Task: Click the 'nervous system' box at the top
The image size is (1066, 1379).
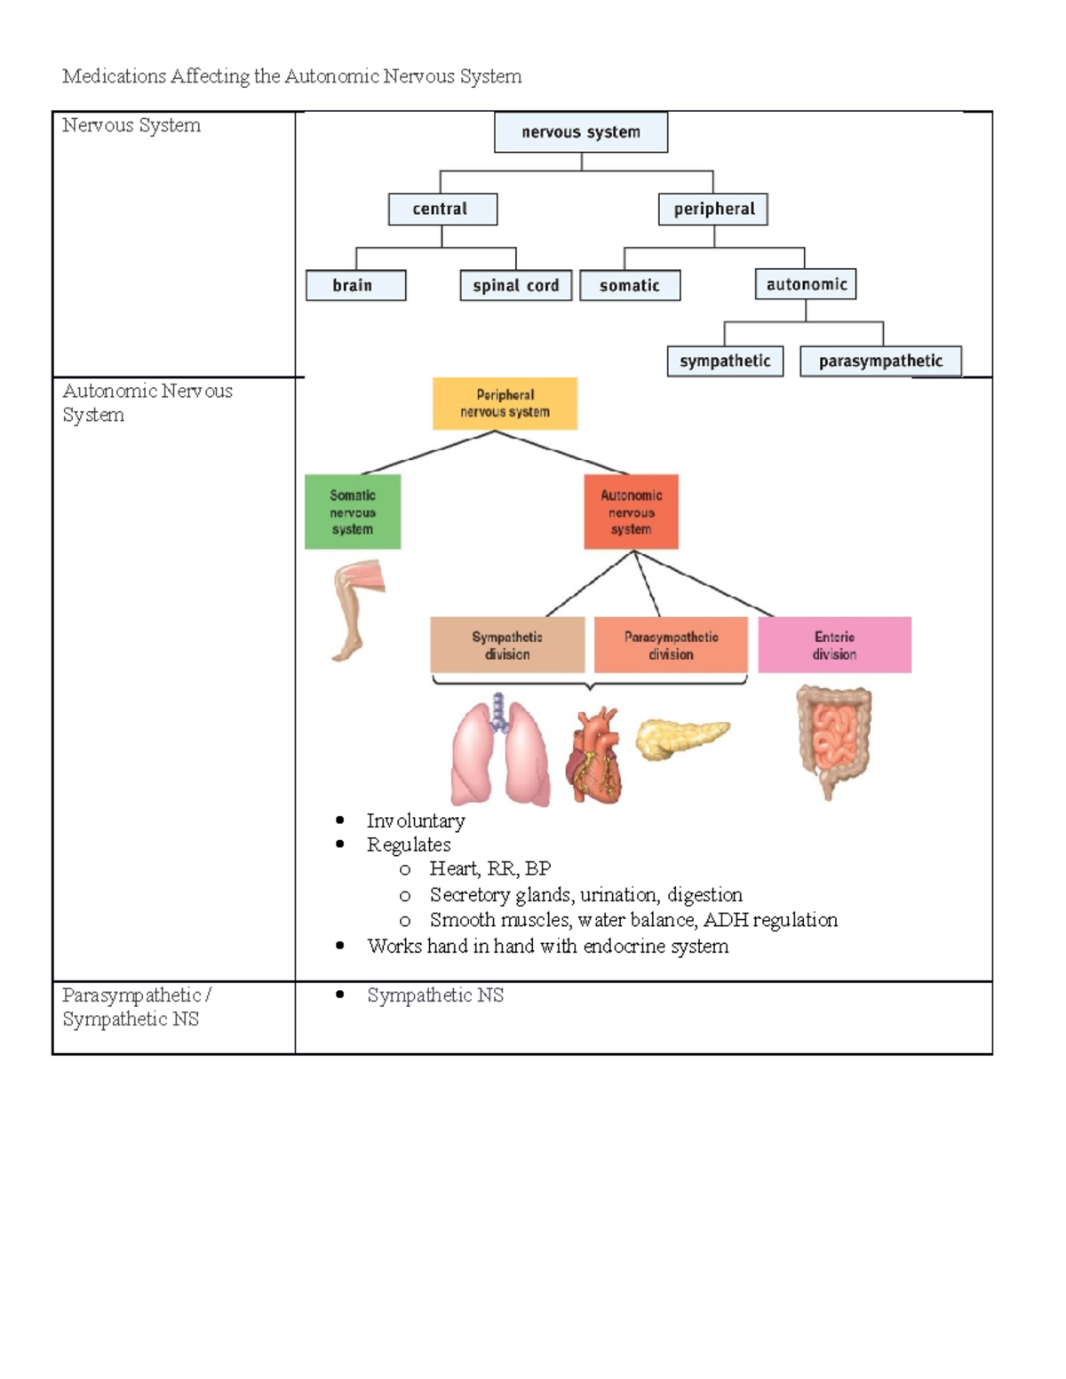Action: pyautogui.click(x=580, y=132)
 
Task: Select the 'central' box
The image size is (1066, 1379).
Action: pyautogui.click(x=442, y=209)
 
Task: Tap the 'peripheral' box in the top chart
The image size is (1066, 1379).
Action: pyautogui.click(x=712, y=209)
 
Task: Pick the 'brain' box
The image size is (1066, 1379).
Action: pyautogui.click(x=355, y=285)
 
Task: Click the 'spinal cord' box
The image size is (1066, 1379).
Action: pyautogui.click(x=515, y=285)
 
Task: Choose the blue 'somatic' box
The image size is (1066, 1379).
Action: pyautogui.click(x=629, y=285)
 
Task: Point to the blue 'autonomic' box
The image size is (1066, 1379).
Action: pyautogui.click(x=805, y=284)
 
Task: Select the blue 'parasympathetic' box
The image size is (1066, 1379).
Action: pyautogui.click(x=879, y=361)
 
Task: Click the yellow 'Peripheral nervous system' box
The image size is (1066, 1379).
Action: pyautogui.click(x=505, y=403)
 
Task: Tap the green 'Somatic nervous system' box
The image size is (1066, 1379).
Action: pyautogui.click(x=353, y=511)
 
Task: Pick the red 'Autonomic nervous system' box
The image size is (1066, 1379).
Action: pyautogui.click(x=631, y=511)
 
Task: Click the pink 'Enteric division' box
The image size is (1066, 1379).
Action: pyautogui.click(x=834, y=645)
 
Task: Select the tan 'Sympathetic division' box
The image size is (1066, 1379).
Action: pyautogui.click(x=507, y=645)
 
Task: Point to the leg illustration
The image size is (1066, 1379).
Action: pyautogui.click(x=355, y=608)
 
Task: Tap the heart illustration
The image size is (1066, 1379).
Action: pyautogui.click(x=594, y=755)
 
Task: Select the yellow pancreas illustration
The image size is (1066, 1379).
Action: pyautogui.click(x=680, y=738)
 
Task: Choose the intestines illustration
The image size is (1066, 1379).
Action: pyautogui.click(x=832, y=739)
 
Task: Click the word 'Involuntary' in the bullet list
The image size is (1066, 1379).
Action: pyautogui.click(x=415, y=820)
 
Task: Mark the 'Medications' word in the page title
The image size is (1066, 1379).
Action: pyautogui.click(x=114, y=76)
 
